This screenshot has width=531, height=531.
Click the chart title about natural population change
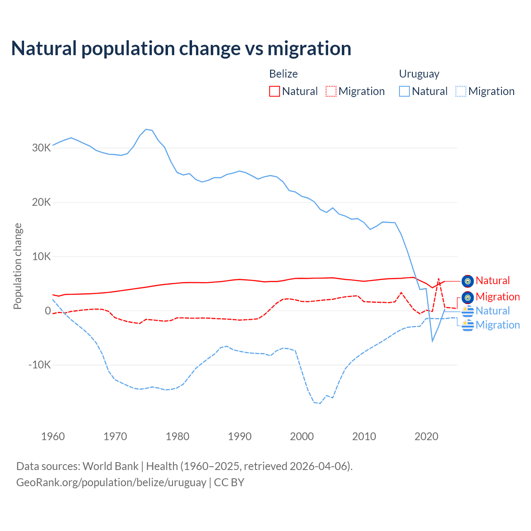click(x=181, y=49)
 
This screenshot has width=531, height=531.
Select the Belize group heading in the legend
click(x=283, y=74)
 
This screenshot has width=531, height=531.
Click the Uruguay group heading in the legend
click(x=419, y=74)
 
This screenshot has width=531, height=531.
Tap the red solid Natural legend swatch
click(x=275, y=91)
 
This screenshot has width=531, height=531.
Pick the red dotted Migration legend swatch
click(x=331, y=91)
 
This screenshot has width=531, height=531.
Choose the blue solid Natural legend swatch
click(x=404, y=91)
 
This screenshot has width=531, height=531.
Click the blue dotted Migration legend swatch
click(x=461, y=91)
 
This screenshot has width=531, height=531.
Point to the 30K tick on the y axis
click(x=41, y=148)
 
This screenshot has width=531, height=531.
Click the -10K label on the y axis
click(x=39, y=365)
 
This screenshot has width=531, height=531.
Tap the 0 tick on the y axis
click(x=48, y=311)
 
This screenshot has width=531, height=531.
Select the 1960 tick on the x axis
click(x=53, y=436)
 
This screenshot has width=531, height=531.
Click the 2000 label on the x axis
click(x=302, y=436)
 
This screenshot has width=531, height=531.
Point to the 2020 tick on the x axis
click(x=426, y=436)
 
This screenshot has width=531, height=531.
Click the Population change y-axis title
click(x=17, y=266)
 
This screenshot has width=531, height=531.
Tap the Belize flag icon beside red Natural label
click(x=468, y=281)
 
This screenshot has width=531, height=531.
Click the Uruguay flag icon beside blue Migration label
click(x=468, y=326)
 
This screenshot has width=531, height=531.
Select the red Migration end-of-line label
click(x=497, y=297)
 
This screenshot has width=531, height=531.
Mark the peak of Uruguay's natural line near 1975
click(x=146, y=129)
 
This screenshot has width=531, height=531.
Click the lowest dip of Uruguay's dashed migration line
click(x=320, y=403)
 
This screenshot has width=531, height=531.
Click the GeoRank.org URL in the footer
click(x=111, y=482)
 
